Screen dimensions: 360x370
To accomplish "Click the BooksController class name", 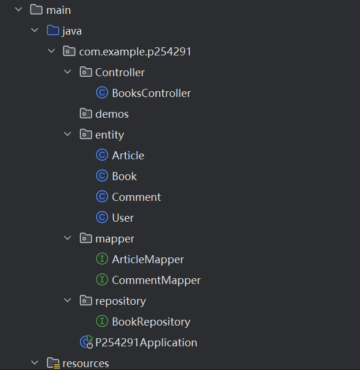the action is point(151,93).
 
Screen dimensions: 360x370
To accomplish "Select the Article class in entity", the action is point(128,155).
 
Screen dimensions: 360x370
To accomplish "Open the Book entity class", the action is point(124,176).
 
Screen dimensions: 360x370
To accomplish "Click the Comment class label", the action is point(136,197).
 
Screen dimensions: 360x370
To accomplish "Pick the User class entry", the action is point(123,218).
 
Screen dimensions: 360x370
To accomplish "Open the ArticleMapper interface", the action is point(148,259).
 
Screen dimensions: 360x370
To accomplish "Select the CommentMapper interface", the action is point(156,280).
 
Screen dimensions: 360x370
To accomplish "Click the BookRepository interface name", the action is point(151,322).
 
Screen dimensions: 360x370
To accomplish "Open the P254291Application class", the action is point(146,342).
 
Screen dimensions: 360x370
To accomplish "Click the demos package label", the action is point(112,114).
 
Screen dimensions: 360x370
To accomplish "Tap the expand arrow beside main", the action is point(18,10).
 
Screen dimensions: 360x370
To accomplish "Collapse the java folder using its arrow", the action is point(35,31).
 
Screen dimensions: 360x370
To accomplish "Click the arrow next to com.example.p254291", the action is point(51,51).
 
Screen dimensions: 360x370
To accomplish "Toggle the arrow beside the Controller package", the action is point(67,72).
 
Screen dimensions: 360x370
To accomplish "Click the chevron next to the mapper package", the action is point(67,238).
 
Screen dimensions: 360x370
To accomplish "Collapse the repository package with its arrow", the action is point(67,301).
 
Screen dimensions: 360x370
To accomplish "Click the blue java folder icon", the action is point(52,31).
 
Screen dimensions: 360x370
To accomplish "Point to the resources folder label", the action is point(85,363).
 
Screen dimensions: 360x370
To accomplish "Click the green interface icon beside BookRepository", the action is point(102,322).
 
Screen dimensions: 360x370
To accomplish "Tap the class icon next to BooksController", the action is point(102,93).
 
